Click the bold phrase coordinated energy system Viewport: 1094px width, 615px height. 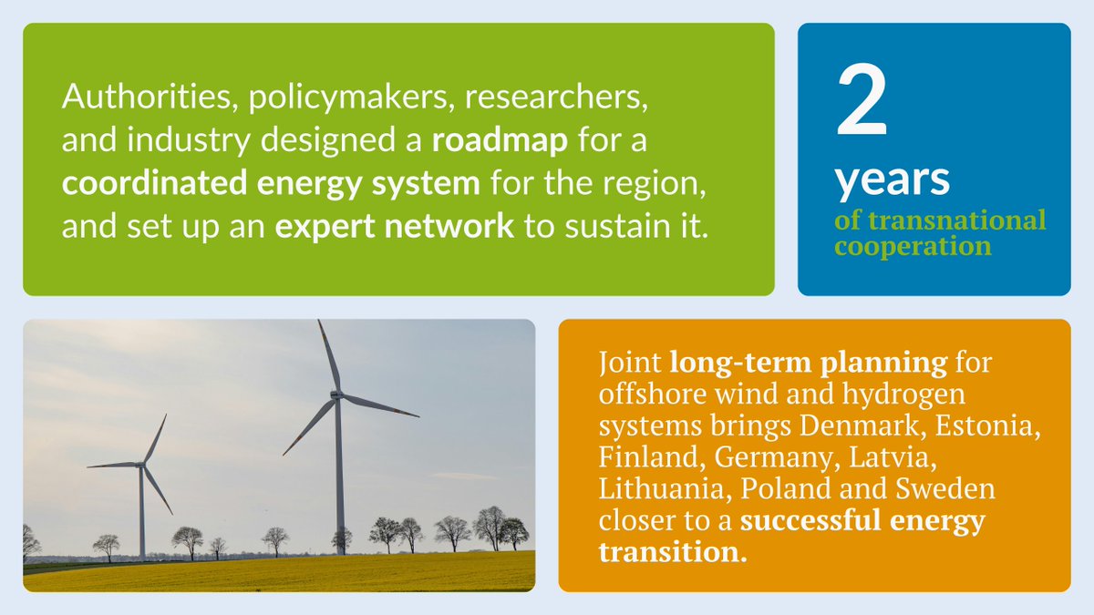(x=271, y=183)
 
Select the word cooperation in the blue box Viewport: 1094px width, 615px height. (x=913, y=246)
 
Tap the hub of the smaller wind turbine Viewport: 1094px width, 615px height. (x=141, y=465)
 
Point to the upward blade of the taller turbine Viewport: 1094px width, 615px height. (x=328, y=356)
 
